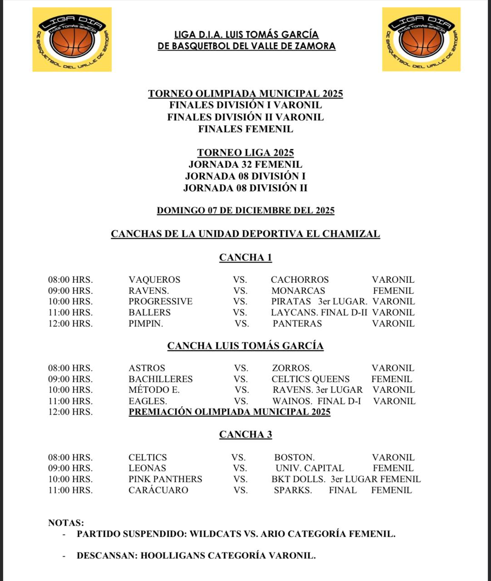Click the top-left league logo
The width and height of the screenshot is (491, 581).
pos(72,39)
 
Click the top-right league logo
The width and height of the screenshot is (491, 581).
pos(421,39)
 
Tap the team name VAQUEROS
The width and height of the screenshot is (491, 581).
pos(154,280)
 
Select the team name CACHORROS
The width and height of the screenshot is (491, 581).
pos(300,280)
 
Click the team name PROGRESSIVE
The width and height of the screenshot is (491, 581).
pos(160,301)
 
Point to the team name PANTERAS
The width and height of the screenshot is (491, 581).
pos(297,324)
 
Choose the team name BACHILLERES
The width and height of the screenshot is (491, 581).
pos(160,379)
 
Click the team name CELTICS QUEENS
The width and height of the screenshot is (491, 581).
pos(310,379)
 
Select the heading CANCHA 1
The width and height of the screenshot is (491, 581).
pos(245,258)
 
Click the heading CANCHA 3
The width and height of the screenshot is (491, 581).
pos(245,435)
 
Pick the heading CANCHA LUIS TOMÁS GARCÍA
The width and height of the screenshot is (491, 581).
pos(245,346)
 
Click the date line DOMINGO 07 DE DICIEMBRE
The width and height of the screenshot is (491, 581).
pos(245,211)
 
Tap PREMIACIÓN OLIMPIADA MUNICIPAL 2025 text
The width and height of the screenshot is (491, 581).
pos(230,412)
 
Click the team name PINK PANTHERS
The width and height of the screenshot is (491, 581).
pos(165,479)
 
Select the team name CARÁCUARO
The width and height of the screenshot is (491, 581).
pos(158,490)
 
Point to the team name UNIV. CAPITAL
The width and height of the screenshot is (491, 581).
pos(309,468)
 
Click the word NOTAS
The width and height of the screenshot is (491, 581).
pos(66,523)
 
